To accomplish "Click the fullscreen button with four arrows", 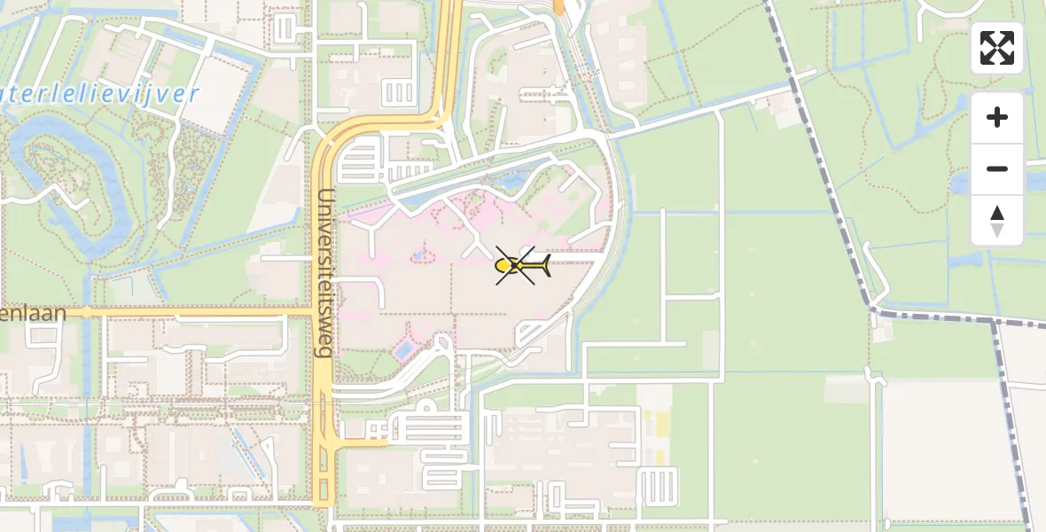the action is click(x=997, y=48).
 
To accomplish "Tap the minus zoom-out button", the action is click(x=997, y=168).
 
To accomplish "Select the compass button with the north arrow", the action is click(x=997, y=221).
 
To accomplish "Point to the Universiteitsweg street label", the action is click(x=325, y=272).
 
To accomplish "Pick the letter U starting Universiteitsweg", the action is click(x=325, y=197).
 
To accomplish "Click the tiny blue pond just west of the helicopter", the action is click(x=417, y=257).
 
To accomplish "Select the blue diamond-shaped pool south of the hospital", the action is click(x=402, y=351).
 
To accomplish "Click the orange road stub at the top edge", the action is click(x=558, y=7).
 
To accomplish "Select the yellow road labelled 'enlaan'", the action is click(x=177, y=312).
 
